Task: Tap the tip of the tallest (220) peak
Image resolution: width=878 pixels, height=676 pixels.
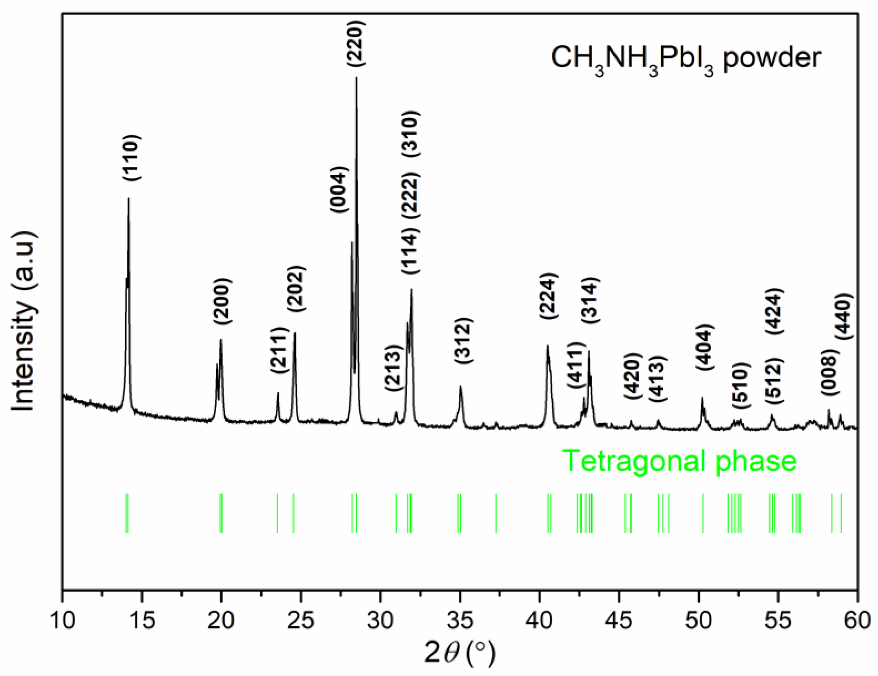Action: (356, 78)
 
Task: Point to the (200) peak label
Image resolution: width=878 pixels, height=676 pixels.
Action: (222, 301)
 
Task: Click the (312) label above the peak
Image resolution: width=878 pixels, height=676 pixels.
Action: (464, 341)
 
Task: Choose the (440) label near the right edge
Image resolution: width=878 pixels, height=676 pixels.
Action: (843, 316)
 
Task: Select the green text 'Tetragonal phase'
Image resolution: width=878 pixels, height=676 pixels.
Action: (679, 461)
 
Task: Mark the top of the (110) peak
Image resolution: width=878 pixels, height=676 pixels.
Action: (129, 198)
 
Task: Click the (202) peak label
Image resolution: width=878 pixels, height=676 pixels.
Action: (296, 289)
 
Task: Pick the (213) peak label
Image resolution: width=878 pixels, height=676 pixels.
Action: (392, 368)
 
